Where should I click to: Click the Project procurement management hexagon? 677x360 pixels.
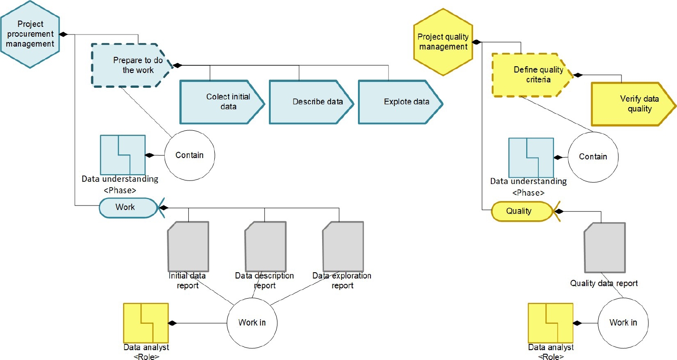30,34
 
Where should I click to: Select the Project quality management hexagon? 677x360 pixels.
443,42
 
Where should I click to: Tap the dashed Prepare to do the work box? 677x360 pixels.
132,65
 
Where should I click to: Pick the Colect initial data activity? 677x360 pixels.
222,102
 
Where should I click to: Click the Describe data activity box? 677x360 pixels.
311,102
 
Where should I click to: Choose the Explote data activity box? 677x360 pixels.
400,102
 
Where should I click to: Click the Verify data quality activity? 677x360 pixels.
633,104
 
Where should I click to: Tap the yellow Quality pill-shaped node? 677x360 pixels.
522,211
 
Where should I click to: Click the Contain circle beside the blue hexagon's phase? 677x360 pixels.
190,155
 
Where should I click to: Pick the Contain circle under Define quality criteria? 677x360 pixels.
593,157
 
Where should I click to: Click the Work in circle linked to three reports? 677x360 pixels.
252,322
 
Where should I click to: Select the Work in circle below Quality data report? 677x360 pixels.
623,322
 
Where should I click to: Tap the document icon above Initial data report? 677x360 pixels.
188,247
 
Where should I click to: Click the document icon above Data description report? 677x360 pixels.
265,247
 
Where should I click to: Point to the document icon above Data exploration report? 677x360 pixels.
343,247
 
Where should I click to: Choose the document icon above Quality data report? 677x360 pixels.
605,248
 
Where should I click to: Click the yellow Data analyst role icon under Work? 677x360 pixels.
146,323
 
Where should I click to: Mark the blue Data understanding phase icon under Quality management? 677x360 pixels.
531,158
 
